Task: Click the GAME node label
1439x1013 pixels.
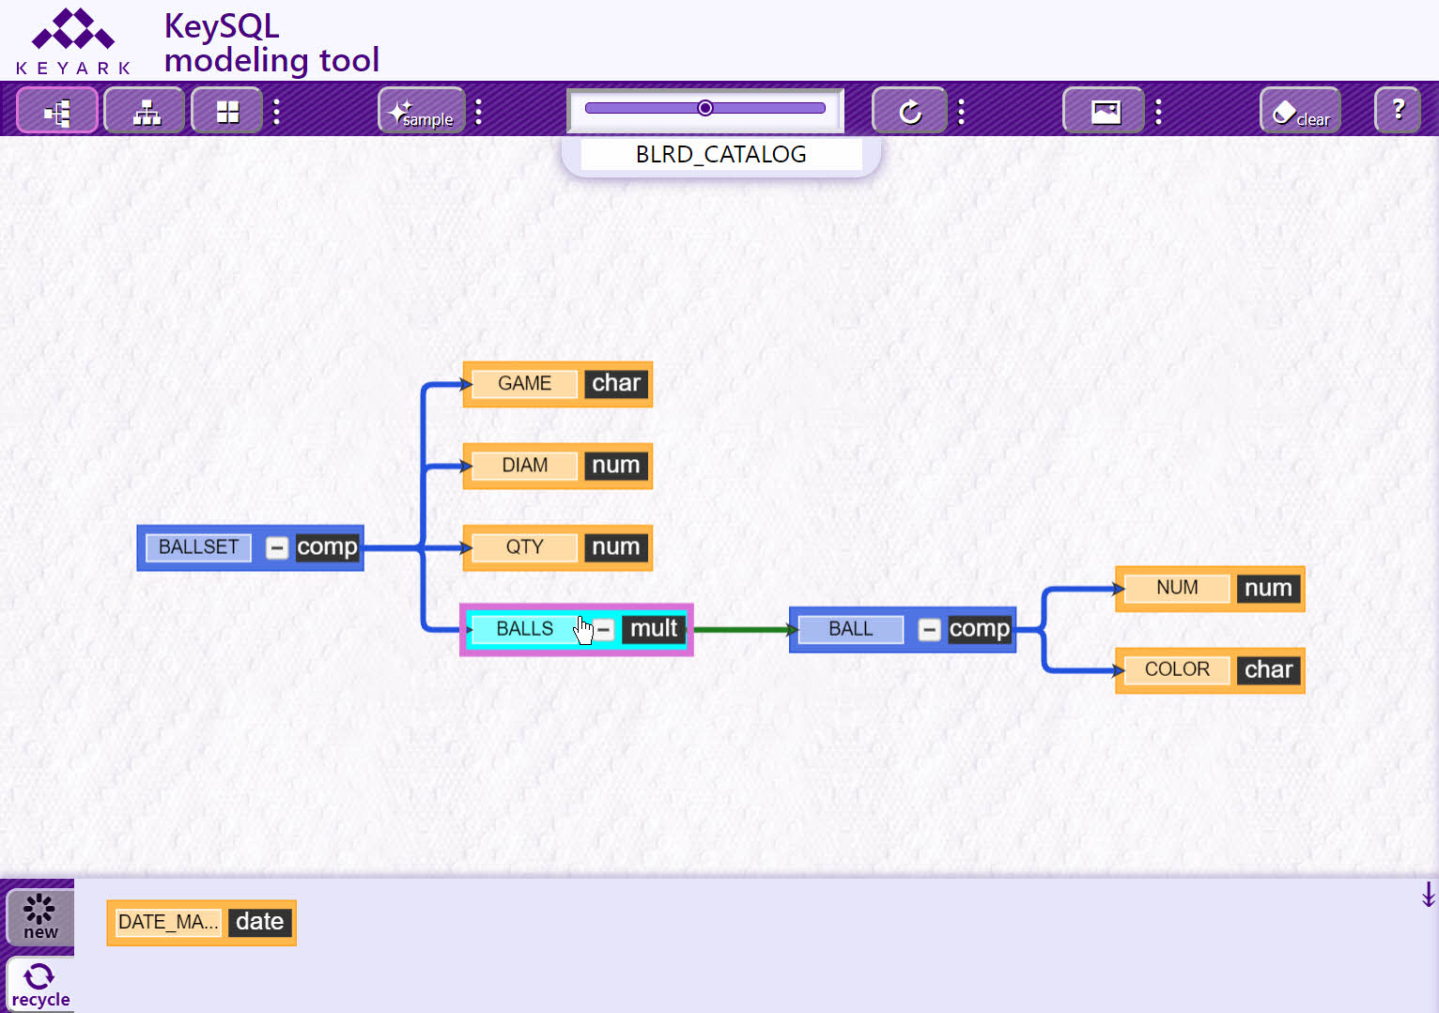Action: coord(524,383)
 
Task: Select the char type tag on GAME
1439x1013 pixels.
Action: coord(616,383)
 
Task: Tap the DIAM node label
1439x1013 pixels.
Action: coord(524,465)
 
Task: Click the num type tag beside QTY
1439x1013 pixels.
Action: coord(616,547)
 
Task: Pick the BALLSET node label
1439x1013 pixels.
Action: coord(198,547)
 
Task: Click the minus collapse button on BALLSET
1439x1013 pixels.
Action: coord(277,547)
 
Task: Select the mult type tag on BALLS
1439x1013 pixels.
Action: coord(654,628)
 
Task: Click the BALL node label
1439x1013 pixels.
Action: coord(851,628)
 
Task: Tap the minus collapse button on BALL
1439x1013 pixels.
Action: coord(929,630)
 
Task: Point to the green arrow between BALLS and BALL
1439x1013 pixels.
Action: coord(745,630)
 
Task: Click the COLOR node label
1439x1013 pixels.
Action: coord(1177,669)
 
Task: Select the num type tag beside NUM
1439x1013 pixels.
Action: coord(1268,588)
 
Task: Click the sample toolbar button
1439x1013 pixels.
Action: coord(422,111)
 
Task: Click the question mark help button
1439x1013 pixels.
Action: coord(1398,111)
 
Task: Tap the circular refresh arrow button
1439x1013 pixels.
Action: coord(909,111)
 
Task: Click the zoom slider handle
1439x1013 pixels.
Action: coord(704,108)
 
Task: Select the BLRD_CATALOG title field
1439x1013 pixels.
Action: coord(720,155)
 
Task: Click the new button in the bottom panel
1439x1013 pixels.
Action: coord(39,917)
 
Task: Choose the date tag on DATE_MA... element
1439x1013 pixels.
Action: coord(259,923)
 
